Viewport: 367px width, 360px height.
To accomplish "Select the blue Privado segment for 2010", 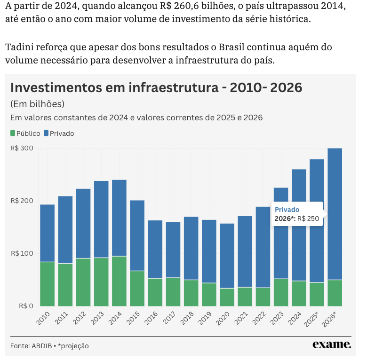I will coord(47,233).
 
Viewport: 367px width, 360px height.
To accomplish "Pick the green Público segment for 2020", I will coord(227,297).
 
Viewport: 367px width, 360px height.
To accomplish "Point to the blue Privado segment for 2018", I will coord(191,248).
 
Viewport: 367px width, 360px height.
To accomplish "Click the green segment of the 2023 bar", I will coord(281,292).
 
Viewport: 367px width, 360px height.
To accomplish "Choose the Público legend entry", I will coord(25,133).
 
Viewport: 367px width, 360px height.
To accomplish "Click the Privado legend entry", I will coord(59,133).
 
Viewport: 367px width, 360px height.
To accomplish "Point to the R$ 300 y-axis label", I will coord(22,148).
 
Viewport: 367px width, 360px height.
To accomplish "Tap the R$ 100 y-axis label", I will coord(22,253).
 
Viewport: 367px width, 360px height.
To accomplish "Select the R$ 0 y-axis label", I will coord(25,306).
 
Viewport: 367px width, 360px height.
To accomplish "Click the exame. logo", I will coord(332,344).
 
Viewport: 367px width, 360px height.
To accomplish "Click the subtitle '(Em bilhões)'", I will coord(37,104).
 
